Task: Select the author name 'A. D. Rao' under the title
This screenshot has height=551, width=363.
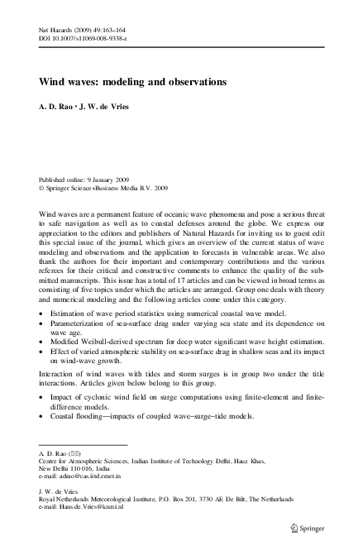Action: click(58, 108)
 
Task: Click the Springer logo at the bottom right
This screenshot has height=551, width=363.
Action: click(317, 526)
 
